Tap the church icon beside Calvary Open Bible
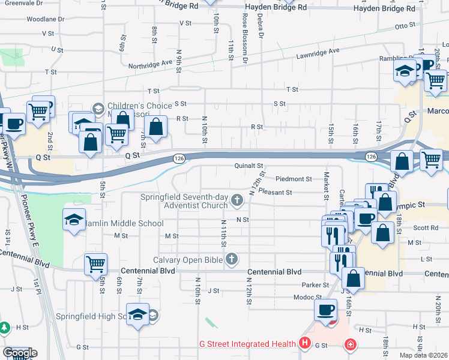click(x=232, y=260)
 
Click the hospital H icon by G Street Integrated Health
click(x=305, y=344)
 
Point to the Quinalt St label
click(x=249, y=166)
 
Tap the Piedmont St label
click(x=294, y=179)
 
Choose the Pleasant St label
click(x=275, y=193)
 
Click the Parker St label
click(x=316, y=285)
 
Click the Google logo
click(x=20, y=353)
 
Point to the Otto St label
click(x=405, y=26)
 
